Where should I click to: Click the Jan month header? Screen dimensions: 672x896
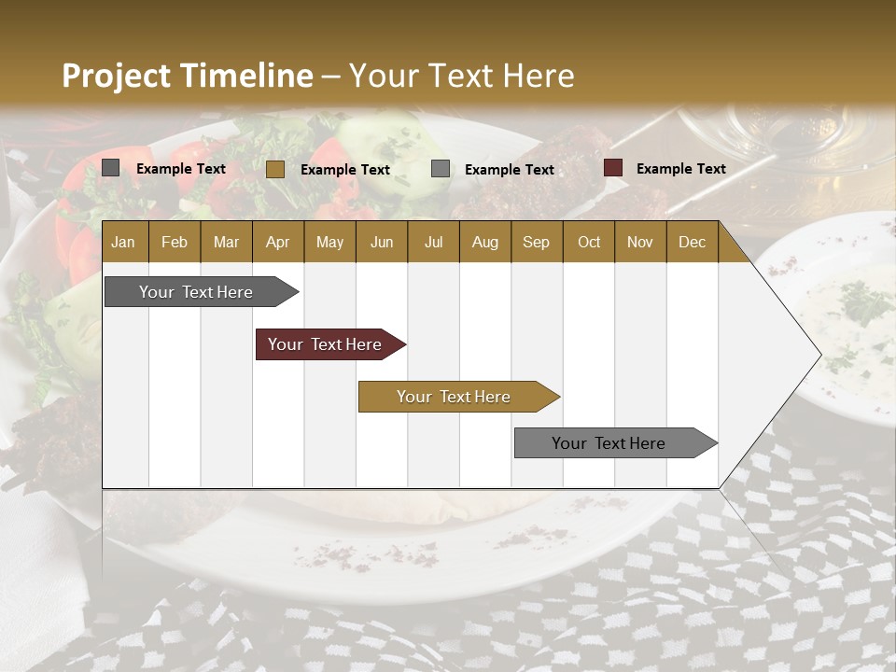tap(123, 242)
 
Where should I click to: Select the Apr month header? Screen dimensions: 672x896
tap(278, 242)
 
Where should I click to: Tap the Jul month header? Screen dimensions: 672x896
tap(433, 242)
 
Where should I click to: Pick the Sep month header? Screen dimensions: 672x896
tap(536, 242)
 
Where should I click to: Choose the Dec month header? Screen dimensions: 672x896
tap(692, 242)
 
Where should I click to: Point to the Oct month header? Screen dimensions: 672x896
tap(589, 242)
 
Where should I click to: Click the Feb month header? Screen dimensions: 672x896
tap(175, 242)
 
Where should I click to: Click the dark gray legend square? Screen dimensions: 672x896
tap(111, 168)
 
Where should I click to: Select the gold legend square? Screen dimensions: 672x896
tap(275, 169)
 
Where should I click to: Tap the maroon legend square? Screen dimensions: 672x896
tap(612, 168)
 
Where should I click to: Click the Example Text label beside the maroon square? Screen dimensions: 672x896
tap(680, 169)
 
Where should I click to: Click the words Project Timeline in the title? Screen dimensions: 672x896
tap(187, 76)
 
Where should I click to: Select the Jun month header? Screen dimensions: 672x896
tap(382, 242)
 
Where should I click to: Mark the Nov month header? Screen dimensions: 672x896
tap(640, 242)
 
